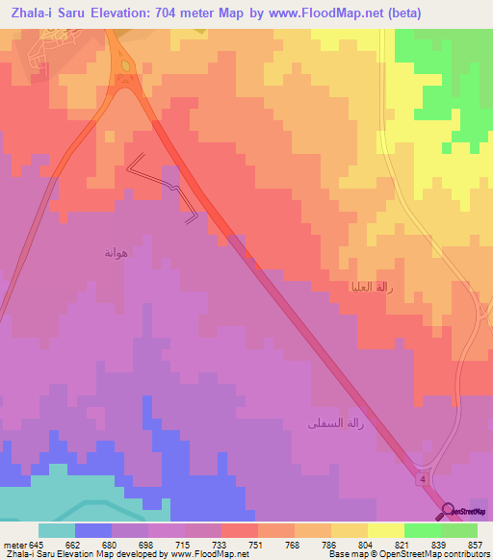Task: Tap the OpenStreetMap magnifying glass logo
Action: [x=448, y=511]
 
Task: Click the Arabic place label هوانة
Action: [x=116, y=253]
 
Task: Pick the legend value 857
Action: [x=475, y=544]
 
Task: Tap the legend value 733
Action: [x=220, y=544]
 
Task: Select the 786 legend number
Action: [x=329, y=544]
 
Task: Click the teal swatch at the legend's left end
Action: [x=57, y=530]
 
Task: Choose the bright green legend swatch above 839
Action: [x=422, y=530]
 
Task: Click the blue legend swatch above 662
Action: [x=93, y=530]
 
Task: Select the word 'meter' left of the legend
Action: [x=14, y=544]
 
